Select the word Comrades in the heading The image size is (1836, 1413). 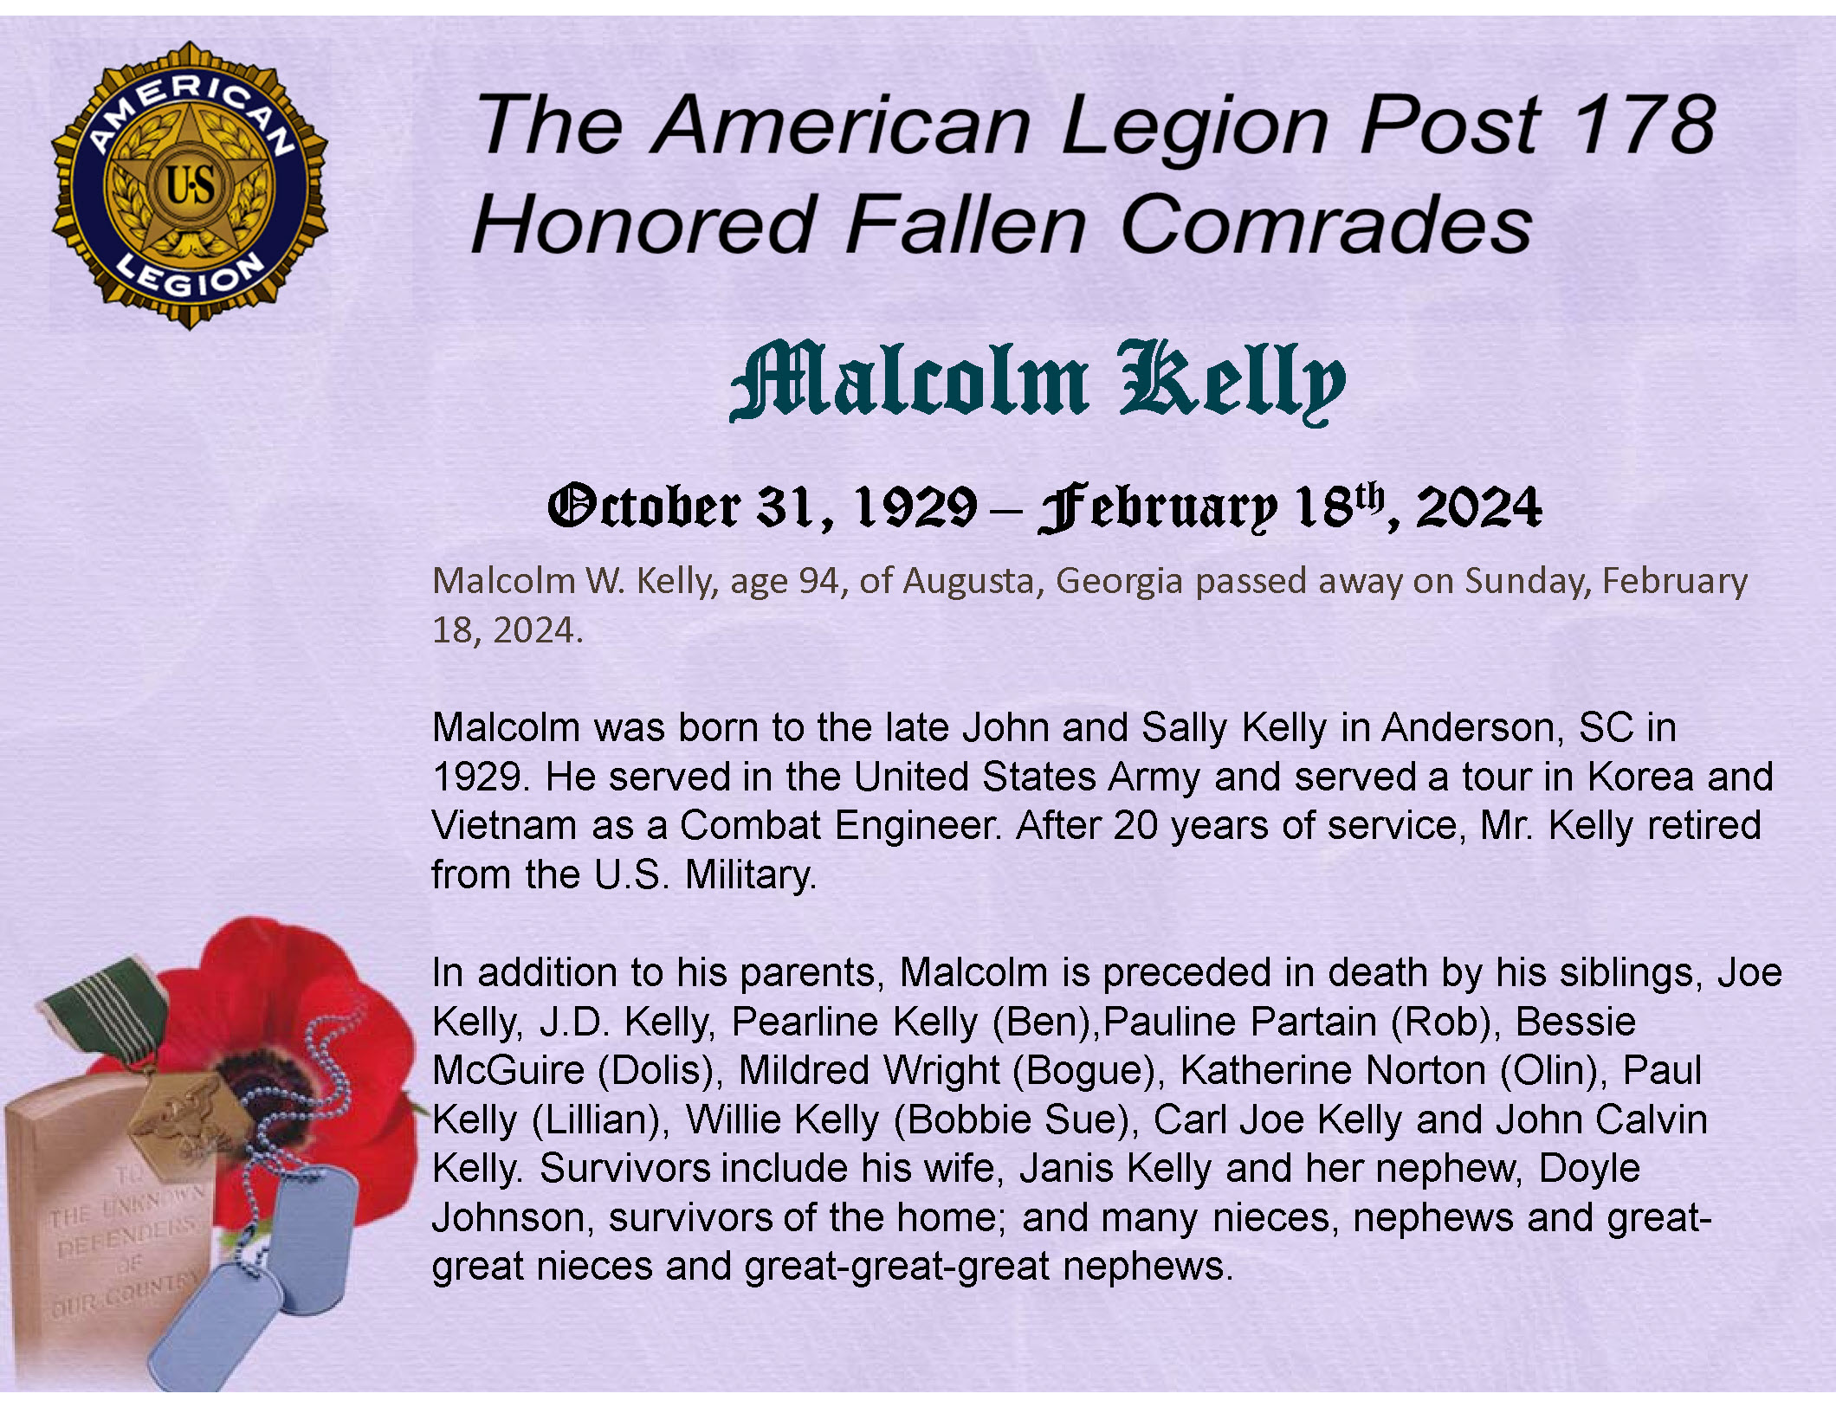1326,224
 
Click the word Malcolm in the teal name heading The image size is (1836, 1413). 909,380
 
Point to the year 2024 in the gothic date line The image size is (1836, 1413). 1478,507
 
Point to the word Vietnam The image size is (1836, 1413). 504,825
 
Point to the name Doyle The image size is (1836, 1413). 1589,1169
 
